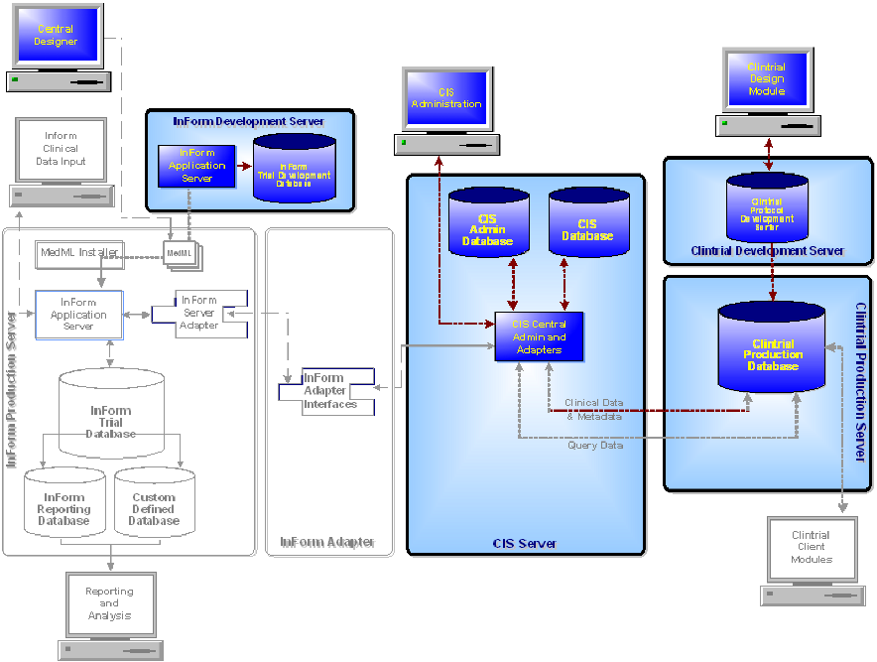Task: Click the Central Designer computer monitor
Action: [x=56, y=37]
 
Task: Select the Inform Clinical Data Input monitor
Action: [x=61, y=148]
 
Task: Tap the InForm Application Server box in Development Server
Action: [x=196, y=166]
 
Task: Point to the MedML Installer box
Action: [x=79, y=252]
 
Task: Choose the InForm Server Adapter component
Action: [x=198, y=312]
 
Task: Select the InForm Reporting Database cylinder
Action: [x=63, y=507]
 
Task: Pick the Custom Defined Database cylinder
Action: [x=154, y=507]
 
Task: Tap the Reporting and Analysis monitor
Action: [x=109, y=603]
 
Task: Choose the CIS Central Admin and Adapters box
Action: [x=539, y=337]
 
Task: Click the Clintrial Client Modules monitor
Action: [x=811, y=548]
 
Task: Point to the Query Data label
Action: [x=595, y=446]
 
